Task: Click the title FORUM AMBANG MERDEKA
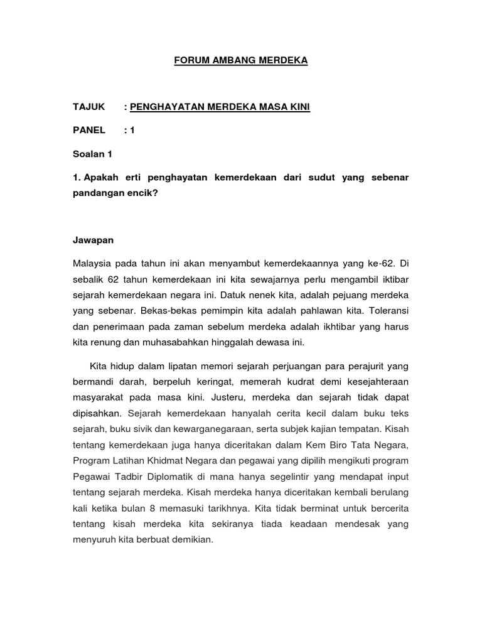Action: pos(241,61)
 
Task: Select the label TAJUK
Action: pos(90,107)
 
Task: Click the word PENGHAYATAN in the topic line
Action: pos(165,107)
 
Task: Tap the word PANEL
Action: pos(90,130)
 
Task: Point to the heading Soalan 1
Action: pos(93,153)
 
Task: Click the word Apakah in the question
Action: pos(100,178)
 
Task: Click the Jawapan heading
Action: pos(94,240)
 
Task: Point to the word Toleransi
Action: pos(387,310)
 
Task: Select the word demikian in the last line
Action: pos(192,539)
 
